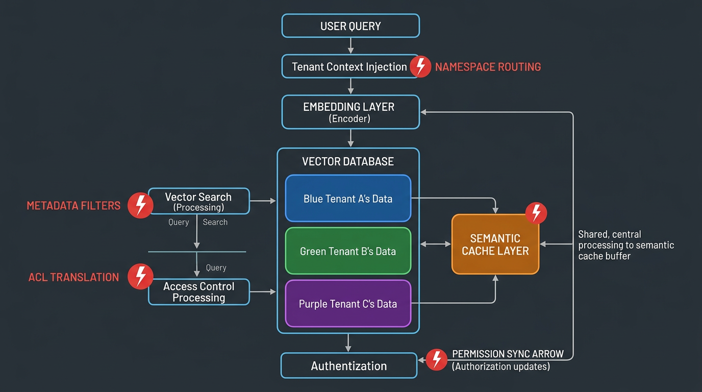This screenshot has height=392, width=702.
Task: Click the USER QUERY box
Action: (x=350, y=26)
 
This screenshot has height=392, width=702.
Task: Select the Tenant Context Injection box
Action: (x=349, y=67)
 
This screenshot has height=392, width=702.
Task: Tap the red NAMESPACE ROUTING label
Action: (x=488, y=67)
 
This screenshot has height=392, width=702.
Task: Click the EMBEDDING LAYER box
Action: (x=350, y=112)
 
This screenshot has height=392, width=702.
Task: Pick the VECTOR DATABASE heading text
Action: (x=348, y=162)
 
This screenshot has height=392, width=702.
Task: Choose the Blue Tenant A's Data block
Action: (x=348, y=199)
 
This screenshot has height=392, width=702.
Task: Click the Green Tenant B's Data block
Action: (x=348, y=251)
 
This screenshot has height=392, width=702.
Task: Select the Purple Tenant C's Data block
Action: (x=348, y=304)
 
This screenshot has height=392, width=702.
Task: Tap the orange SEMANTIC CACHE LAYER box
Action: (x=495, y=244)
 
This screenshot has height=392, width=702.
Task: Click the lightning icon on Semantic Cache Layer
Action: (x=536, y=213)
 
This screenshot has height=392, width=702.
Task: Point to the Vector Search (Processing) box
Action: (x=199, y=201)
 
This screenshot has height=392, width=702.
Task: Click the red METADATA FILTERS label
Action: (x=73, y=206)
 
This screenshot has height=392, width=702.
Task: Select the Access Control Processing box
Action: (x=199, y=292)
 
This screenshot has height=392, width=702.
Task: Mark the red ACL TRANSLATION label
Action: (x=73, y=277)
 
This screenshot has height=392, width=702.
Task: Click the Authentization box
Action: (x=349, y=366)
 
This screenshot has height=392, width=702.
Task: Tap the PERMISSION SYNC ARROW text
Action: (x=508, y=354)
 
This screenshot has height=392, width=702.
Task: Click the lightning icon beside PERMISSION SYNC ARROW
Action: (x=437, y=360)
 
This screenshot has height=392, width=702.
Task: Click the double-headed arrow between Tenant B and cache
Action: (x=435, y=244)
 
